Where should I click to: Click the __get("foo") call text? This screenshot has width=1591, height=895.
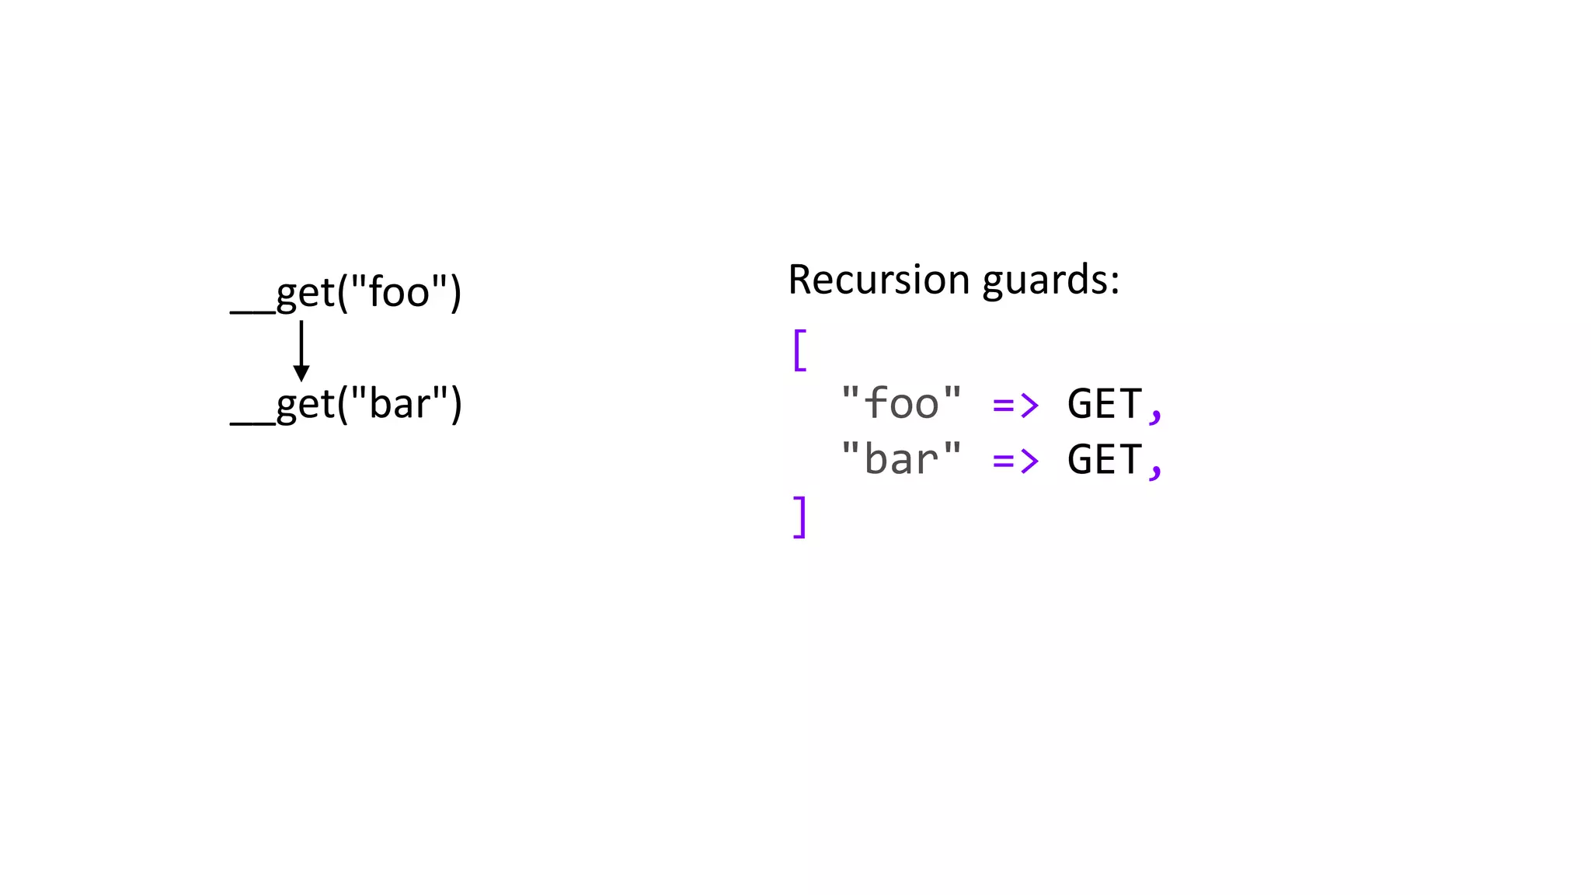pos(346,294)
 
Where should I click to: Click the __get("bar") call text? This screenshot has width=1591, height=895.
pos(346,405)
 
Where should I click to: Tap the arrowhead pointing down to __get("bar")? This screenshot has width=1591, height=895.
pos(301,373)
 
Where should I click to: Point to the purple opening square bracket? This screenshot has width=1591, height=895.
pos(799,350)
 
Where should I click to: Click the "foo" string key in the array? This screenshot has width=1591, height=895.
pos(901,404)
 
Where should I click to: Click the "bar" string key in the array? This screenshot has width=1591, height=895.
pos(901,459)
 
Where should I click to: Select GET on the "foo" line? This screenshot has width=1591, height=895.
pos(1104,404)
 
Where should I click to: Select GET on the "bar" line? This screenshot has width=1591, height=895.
pos(1104,459)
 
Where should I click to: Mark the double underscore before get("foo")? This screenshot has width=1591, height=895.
pos(252,312)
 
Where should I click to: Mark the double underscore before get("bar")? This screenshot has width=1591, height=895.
pos(252,423)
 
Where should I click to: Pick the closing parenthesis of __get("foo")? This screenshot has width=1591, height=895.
pos(455,294)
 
